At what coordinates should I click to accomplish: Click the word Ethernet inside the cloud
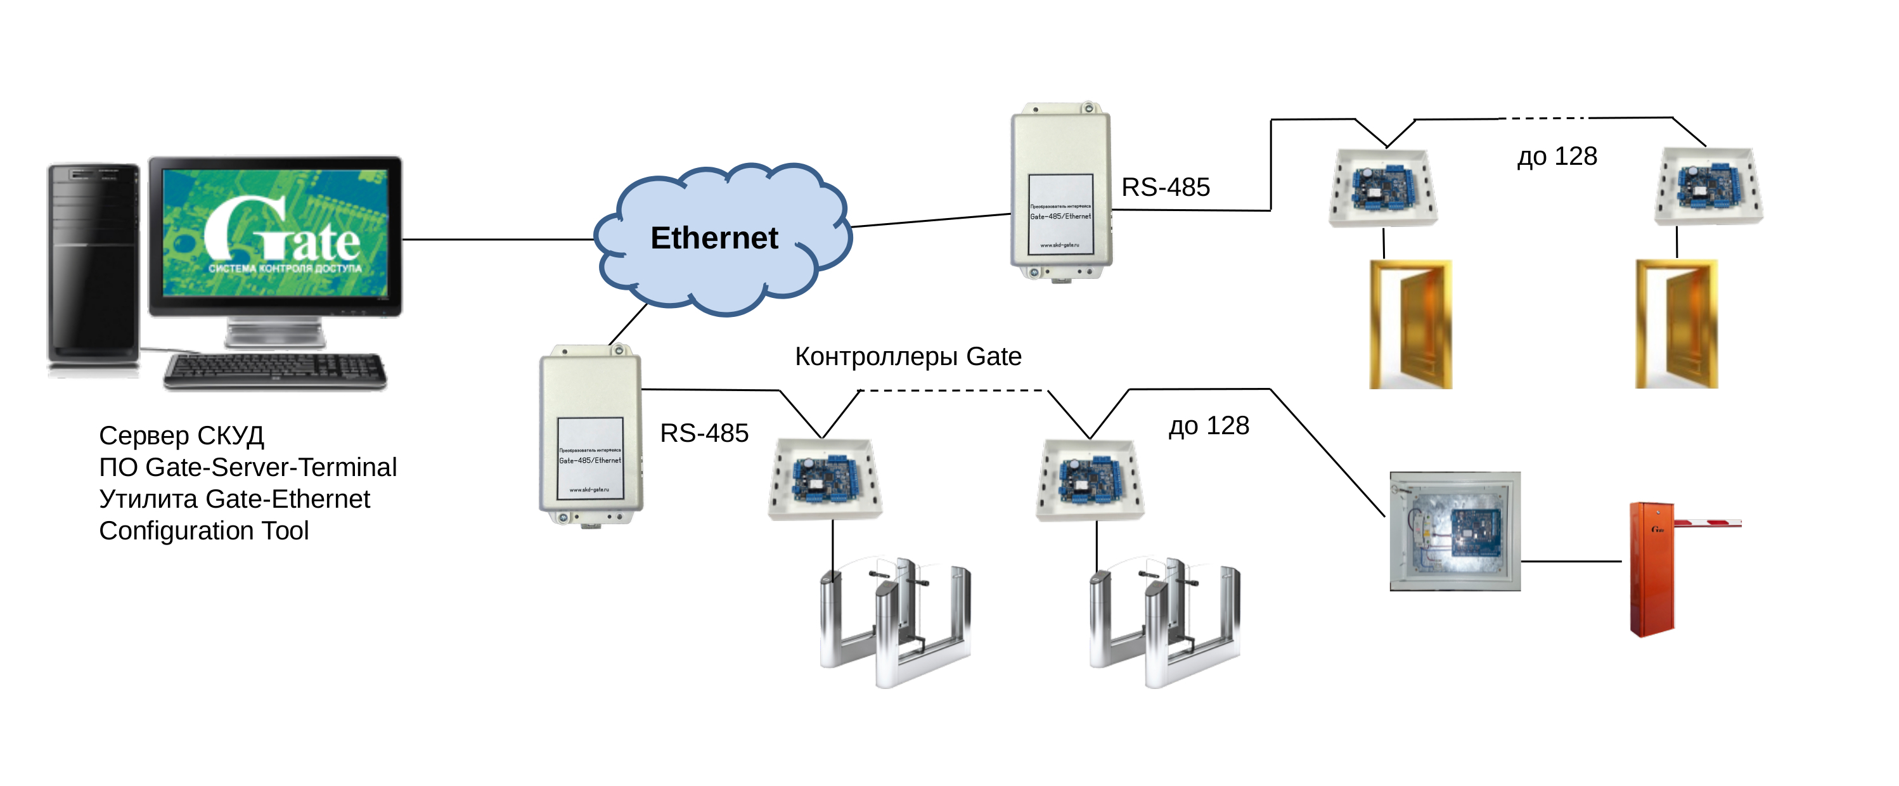714,238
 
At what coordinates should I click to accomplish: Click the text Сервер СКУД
181,435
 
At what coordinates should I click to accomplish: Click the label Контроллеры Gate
908,357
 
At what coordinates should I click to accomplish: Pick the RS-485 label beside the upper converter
1165,187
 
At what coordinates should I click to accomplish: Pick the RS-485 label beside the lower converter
704,433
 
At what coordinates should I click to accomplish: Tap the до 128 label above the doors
1556,157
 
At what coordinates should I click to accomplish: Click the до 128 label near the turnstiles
1208,426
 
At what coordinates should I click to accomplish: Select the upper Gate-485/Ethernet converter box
1060,191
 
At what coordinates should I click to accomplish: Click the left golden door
1410,325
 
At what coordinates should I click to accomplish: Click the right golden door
1676,325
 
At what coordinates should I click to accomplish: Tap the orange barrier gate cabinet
1651,569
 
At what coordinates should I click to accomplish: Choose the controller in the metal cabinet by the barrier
1455,532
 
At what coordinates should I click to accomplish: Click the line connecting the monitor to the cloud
498,240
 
